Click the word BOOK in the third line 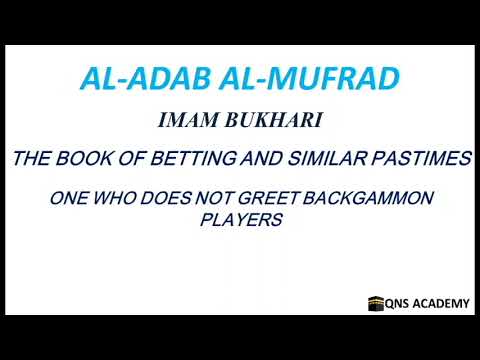(87, 158)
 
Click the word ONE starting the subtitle (69, 198)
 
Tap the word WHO (117, 198)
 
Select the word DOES (168, 198)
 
